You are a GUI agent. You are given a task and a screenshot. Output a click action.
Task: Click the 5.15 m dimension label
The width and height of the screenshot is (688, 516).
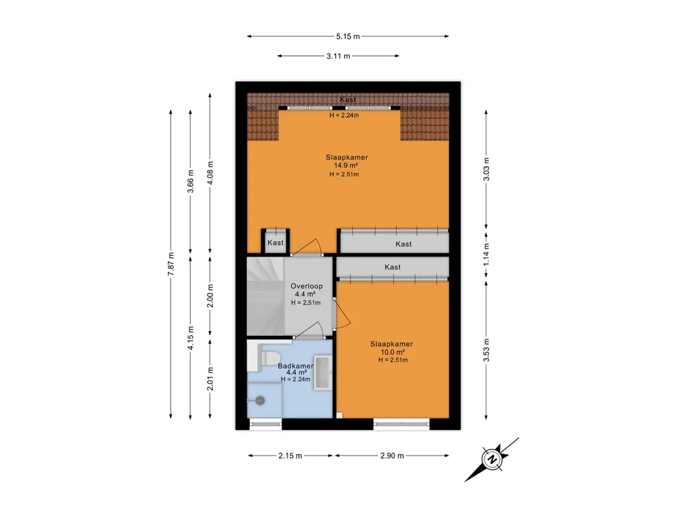click(x=347, y=36)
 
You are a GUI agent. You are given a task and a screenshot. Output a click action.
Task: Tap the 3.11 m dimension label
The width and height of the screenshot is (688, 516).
click(x=338, y=56)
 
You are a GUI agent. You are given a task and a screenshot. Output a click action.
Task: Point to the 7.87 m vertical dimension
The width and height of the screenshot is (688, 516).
click(x=171, y=264)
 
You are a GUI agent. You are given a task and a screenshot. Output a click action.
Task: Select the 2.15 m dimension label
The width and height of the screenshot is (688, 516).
click(x=290, y=456)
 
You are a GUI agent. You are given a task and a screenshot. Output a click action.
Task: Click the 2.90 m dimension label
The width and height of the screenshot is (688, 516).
click(x=392, y=456)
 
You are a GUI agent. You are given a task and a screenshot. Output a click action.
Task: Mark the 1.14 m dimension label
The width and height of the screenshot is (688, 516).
click(x=486, y=255)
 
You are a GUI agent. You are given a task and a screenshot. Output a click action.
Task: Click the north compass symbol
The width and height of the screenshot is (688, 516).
click(x=492, y=460)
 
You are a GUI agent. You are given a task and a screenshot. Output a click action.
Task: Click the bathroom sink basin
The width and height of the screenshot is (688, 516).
click(x=323, y=373)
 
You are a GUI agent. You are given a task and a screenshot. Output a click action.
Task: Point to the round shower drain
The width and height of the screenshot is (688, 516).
click(x=261, y=400)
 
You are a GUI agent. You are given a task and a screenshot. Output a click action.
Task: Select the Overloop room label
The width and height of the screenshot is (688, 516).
click(x=306, y=286)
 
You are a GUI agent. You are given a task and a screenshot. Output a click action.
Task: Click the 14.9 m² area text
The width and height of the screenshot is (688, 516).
click(x=346, y=165)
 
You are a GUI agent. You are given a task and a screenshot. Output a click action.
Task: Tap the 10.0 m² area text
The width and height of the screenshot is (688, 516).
click(x=392, y=352)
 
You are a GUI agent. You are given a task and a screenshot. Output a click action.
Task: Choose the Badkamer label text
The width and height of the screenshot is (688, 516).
click(x=296, y=366)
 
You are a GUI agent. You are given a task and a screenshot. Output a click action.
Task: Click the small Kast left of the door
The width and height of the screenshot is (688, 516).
click(x=275, y=242)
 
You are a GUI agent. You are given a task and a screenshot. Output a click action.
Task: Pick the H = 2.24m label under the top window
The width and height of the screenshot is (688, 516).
click(x=344, y=116)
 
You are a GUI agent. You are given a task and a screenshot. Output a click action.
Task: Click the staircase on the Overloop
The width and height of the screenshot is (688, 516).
click(x=265, y=296)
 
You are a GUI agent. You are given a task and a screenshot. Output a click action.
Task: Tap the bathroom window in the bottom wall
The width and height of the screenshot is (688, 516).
click(x=265, y=424)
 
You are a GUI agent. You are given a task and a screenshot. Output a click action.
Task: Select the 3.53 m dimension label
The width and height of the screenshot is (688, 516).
click(x=486, y=350)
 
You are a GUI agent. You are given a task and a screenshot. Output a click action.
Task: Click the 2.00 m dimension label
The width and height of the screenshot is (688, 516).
click(x=210, y=296)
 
